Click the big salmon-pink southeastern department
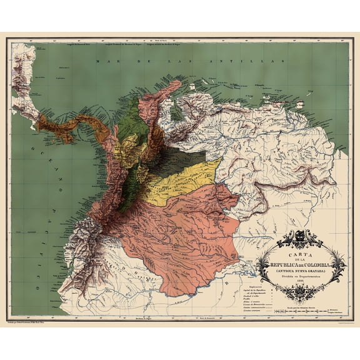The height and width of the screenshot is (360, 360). [x=181, y=237]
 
